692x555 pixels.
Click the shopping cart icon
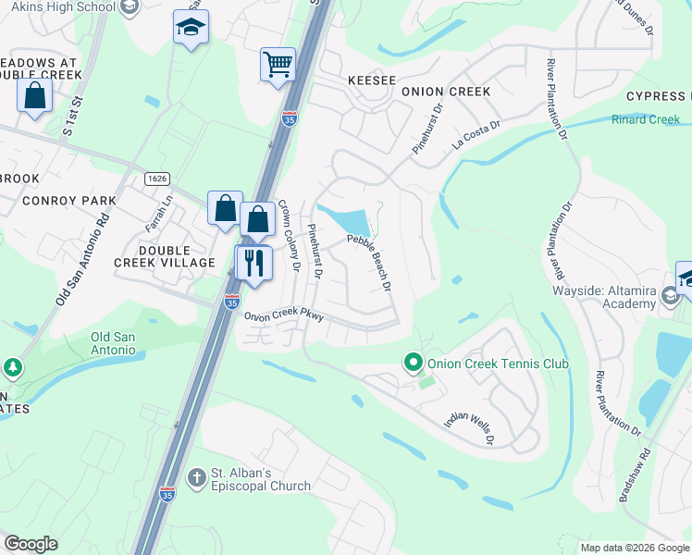coord(277,65)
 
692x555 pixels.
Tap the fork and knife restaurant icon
coord(253,262)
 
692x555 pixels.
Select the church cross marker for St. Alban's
coord(196,477)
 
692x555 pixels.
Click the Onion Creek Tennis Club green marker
coord(414,363)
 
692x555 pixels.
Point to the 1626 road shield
coord(155,178)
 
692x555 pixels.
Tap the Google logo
coord(31,544)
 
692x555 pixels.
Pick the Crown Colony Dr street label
coord(290,237)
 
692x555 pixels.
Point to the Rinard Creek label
coord(646,119)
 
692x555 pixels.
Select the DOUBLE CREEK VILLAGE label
coord(177,257)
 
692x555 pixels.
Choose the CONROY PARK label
coord(70,200)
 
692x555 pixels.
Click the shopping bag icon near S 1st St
coord(34,96)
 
